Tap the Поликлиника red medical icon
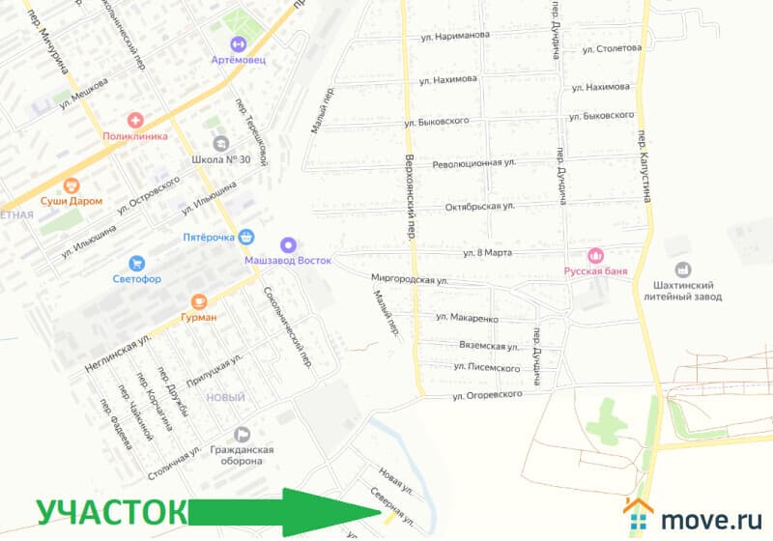(136, 121)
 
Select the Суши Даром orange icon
(70, 185)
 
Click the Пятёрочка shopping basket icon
(247, 236)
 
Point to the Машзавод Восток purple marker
(287, 244)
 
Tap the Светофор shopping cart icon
(136, 263)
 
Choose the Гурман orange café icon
(199, 300)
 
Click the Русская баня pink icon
(596, 256)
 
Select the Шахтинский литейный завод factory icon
(683, 270)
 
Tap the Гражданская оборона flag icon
(243, 434)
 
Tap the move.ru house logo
(639, 516)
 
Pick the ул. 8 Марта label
(487, 253)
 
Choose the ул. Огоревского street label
(487, 395)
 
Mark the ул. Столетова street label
(608, 46)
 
